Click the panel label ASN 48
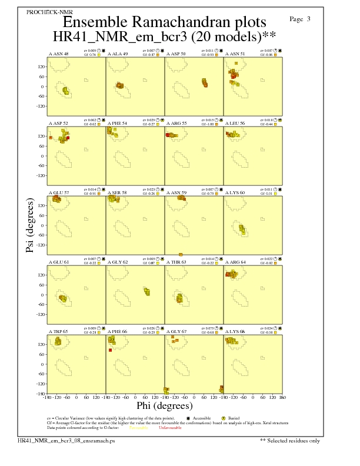[x=58, y=54]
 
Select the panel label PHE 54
[x=117, y=124]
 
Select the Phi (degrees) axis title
[x=164, y=406]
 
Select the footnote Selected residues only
[x=290, y=440]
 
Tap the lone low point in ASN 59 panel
[x=181, y=254]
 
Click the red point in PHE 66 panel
[x=110, y=350]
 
